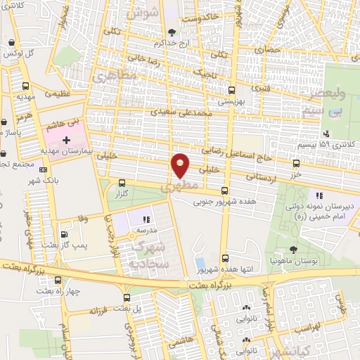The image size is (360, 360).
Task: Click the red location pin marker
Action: coord(181,165)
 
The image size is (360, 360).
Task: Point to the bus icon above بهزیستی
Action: coord(232,90)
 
